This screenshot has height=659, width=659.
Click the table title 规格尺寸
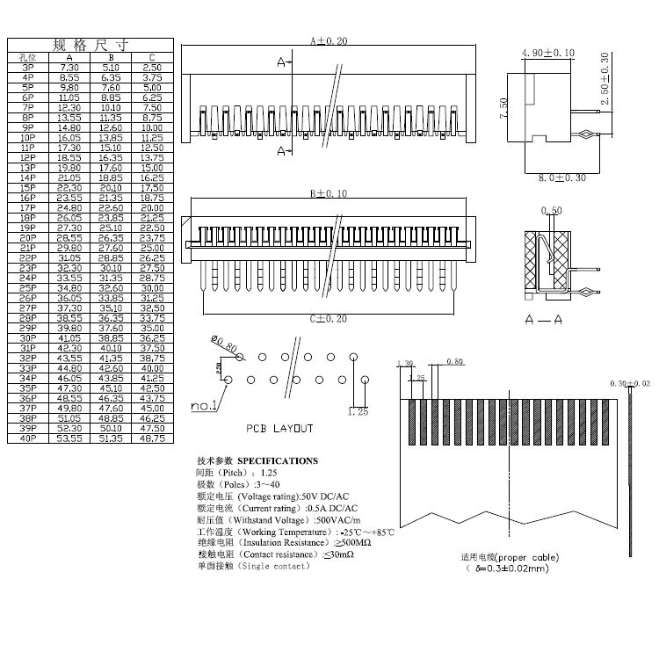pyautogui.click(x=91, y=45)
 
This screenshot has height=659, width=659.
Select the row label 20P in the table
pyautogui.click(x=28, y=238)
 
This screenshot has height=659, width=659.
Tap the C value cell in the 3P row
pyautogui.click(x=152, y=68)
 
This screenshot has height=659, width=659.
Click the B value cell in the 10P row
pyautogui.click(x=111, y=138)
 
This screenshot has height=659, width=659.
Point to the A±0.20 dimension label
pyautogui.click(x=329, y=41)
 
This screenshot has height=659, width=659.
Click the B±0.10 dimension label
pyautogui.click(x=328, y=193)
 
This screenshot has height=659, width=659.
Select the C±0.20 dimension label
pyautogui.click(x=328, y=318)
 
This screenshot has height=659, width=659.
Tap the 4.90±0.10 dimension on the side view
pyautogui.click(x=547, y=54)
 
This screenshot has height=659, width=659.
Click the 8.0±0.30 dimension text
pyautogui.click(x=561, y=178)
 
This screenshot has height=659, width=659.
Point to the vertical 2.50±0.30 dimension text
pyautogui.click(x=605, y=80)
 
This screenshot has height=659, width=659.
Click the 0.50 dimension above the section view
pyautogui.click(x=552, y=211)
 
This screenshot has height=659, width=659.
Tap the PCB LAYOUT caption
pyautogui.click(x=279, y=429)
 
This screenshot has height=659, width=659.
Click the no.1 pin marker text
pyautogui.click(x=204, y=406)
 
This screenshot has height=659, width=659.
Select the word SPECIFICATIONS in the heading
pyautogui.click(x=278, y=460)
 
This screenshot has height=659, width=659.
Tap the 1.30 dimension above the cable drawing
pyautogui.click(x=405, y=363)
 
